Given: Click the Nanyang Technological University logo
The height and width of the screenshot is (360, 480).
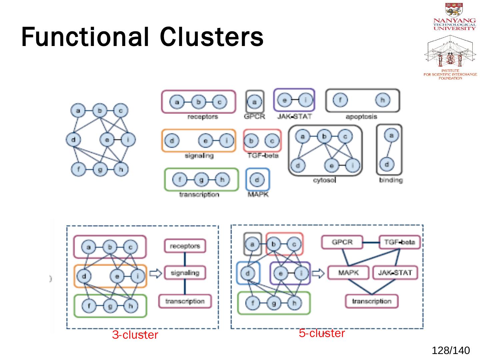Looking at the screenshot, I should [454, 17].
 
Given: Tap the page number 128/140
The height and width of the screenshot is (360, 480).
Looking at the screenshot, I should [451, 351].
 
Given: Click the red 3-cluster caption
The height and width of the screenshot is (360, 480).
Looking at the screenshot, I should [135, 335].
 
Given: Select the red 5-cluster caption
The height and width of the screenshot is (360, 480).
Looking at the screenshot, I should [322, 333].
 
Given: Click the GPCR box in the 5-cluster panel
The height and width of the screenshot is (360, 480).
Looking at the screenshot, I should [342, 242].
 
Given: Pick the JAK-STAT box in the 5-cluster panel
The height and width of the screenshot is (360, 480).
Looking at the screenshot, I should [395, 273].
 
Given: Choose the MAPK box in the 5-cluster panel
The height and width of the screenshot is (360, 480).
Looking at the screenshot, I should [348, 273].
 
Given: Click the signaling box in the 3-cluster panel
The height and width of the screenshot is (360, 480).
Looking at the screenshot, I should [185, 273].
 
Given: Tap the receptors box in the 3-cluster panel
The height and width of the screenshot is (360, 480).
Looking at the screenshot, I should [185, 246].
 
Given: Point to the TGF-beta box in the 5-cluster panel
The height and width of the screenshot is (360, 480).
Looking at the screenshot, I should [399, 242].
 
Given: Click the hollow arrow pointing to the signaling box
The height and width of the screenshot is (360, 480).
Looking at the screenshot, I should [155, 274].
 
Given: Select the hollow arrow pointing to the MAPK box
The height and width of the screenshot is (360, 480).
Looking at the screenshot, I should [318, 274].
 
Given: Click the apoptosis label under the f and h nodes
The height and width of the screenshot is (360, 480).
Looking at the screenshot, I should [361, 117].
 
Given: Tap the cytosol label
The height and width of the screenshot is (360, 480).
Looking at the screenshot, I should [324, 180].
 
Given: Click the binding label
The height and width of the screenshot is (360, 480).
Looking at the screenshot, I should [391, 180].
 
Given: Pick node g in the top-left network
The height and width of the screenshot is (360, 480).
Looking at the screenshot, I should [100, 169].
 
